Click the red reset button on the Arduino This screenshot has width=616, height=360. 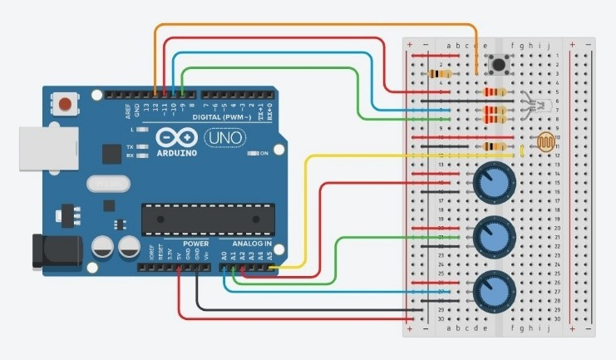point(64,105)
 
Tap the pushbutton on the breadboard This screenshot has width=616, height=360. point(500,64)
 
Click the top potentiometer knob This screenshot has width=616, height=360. point(490,183)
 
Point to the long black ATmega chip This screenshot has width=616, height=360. point(208,218)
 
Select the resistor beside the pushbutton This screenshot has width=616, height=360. point(438,74)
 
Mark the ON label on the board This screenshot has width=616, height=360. point(264,154)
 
